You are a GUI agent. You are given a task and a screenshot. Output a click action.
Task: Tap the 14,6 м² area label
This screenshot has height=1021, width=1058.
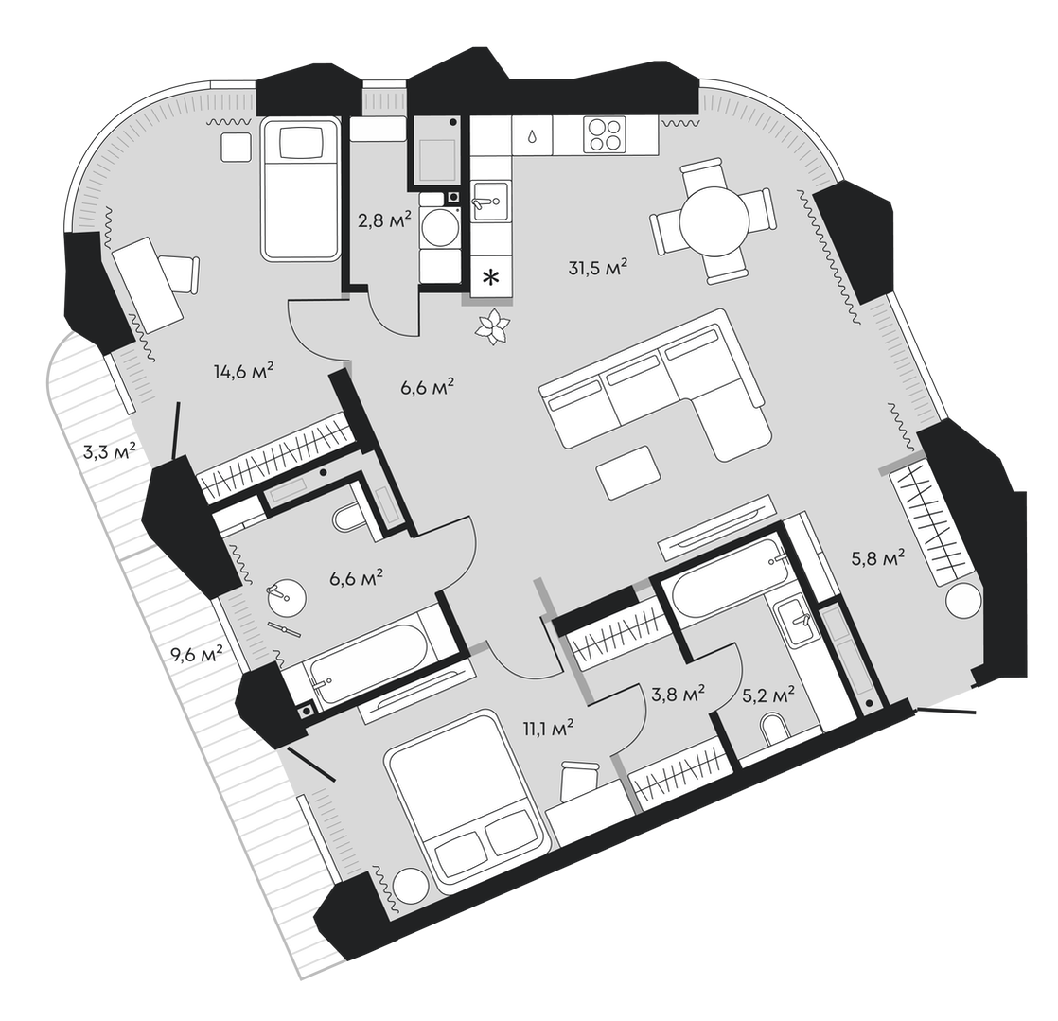[244, 371]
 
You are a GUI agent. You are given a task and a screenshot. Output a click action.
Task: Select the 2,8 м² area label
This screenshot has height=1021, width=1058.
[384, 220]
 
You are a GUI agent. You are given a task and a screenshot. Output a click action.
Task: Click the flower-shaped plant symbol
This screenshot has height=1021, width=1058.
[493, 327]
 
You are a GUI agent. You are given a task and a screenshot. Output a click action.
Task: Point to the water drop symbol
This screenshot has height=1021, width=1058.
[533, 136]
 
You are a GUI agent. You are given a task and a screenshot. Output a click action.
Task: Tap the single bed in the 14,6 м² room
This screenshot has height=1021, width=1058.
[300, 189]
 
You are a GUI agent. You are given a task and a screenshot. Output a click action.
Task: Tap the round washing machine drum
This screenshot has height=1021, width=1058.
[440, 228]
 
